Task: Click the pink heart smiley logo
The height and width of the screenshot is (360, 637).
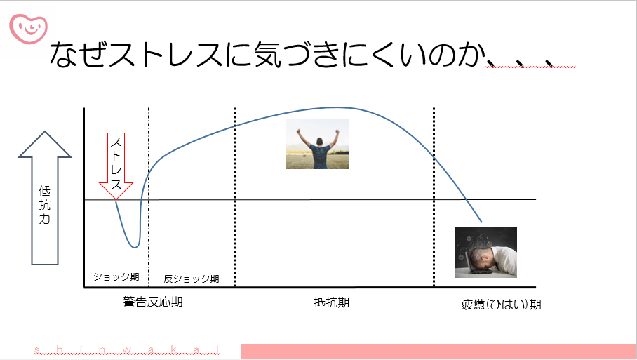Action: pos(29,29)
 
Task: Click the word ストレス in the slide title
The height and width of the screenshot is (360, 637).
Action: pos(166,54)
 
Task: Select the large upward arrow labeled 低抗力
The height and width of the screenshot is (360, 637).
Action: pos(45,198)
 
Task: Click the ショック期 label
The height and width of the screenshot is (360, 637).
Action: pos(116,276)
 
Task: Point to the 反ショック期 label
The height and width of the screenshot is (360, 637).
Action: pos(192,279)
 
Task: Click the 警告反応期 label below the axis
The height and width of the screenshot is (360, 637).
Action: pos(153,302)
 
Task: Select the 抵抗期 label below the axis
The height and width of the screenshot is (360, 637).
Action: pos(332,302)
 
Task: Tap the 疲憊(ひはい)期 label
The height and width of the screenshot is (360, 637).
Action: pos(501,305)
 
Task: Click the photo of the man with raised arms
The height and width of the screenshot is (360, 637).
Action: pos(318,144)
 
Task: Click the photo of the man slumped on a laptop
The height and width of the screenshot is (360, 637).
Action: pos(486,252)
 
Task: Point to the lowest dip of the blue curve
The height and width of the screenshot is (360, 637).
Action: pos(135,247)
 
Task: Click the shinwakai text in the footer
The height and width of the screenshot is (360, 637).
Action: pos(127,350)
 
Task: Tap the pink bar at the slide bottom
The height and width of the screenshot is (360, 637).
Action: pos(438,351)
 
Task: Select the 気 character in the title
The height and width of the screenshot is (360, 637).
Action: pos(268,54)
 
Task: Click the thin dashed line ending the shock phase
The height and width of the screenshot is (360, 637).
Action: pos(148,197)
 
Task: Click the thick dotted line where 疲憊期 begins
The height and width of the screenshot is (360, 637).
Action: pos(434,197)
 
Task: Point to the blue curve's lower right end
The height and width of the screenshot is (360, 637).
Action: pos(482,222)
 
